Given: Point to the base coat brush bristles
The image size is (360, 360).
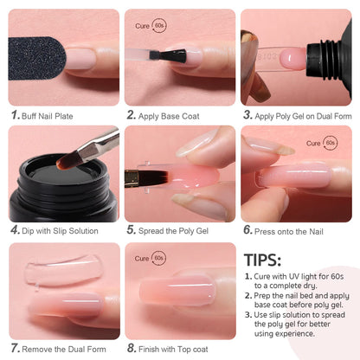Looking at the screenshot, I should click(172, 55).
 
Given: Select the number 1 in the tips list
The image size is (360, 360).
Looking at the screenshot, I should click(247, 277).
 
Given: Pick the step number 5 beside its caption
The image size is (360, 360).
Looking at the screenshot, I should click(131, 231).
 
